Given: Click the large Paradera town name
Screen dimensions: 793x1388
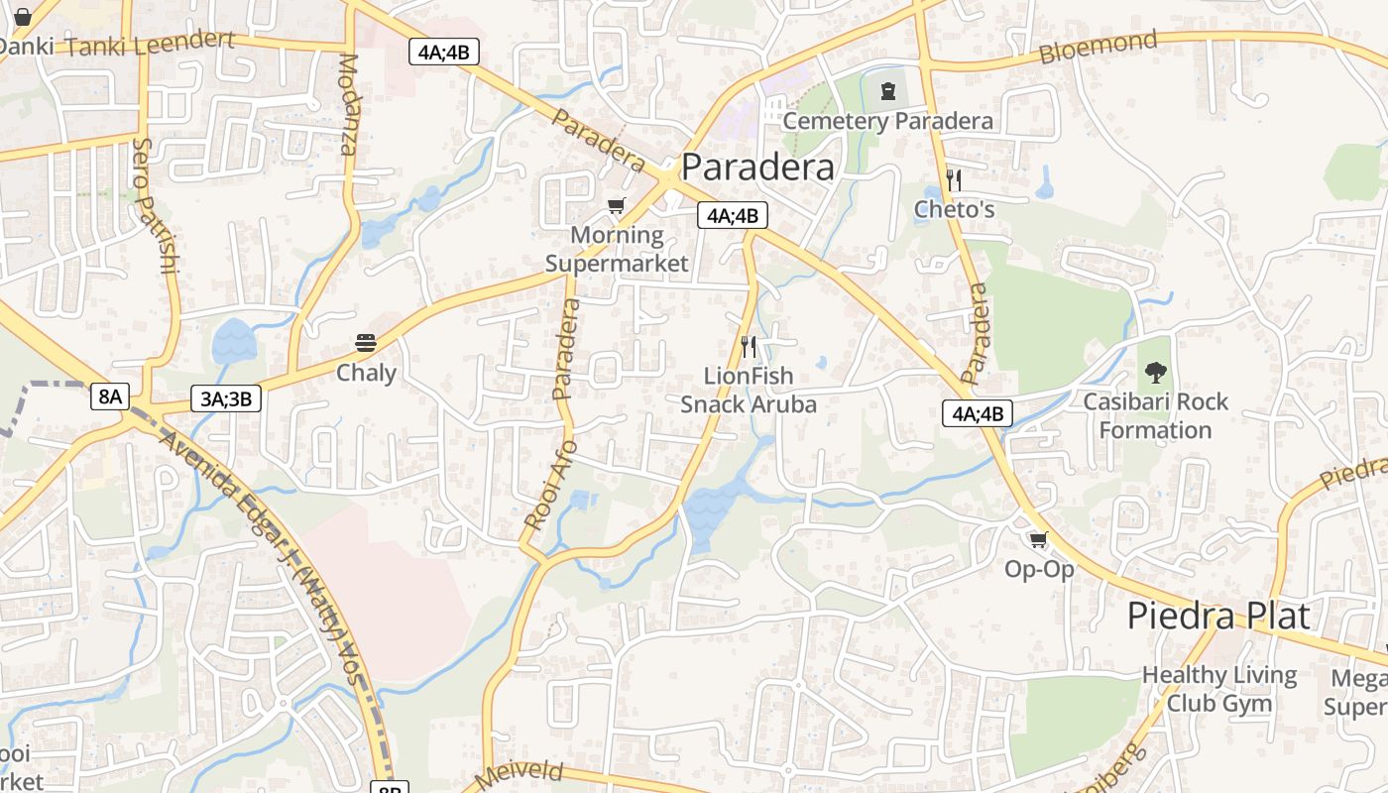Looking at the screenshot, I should coord(758,167).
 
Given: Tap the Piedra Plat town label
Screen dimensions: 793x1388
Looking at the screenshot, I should coord(1218,616).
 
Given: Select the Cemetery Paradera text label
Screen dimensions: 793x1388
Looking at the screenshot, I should coord(887,121).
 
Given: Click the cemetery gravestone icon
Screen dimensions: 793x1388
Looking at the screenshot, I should coord(887,91).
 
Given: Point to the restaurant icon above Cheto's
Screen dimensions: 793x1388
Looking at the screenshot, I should coord(954,179).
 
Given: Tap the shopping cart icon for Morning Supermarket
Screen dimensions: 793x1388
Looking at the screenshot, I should coord(617,205).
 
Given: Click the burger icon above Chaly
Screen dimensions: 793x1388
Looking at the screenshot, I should coord(366,343).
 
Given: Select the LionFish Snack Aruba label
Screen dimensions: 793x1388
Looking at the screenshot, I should coord(749,390).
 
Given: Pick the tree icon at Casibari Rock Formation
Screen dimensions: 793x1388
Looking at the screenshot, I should coord(1155,373).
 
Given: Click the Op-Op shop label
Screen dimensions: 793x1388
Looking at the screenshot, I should coord(1039,569).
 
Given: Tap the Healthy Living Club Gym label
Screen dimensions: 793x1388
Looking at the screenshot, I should coord(1219,689).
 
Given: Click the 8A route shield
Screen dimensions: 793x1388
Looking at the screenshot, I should coord(109,396).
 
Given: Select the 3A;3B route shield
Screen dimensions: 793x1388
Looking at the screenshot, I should coord(226,398).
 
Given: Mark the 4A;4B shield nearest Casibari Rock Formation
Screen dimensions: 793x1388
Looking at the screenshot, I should coord(977,413).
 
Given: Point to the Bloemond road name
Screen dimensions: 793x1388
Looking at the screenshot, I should coord(1098,47).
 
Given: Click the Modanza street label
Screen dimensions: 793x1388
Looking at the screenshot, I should coord(347,104).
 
